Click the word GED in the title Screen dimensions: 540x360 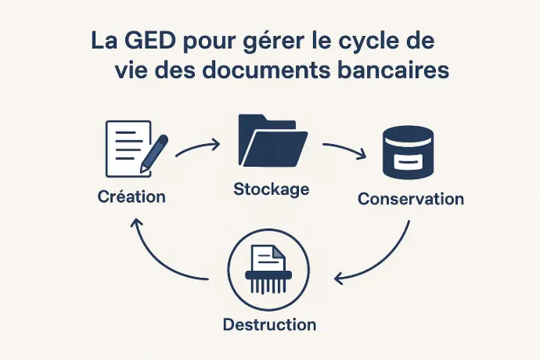tap(149, 41)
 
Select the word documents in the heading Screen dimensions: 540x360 tap(265, 70)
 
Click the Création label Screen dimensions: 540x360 tap(131, 196)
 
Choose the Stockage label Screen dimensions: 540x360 tap(272, 189)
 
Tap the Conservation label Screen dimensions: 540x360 tap(411, 199)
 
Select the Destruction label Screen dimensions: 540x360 tap(270, 325)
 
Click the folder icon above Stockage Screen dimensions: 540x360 tap(273, 140)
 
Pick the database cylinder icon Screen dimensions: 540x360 tap(408, 153)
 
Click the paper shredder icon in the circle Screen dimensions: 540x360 tap(268, 269)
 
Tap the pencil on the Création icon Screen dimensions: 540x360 tap(154, 153)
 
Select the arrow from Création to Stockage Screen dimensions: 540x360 tap(198, 148)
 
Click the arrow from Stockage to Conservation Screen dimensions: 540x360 tap(344, 149)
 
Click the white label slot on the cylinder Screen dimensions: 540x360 tap(409, 161)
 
